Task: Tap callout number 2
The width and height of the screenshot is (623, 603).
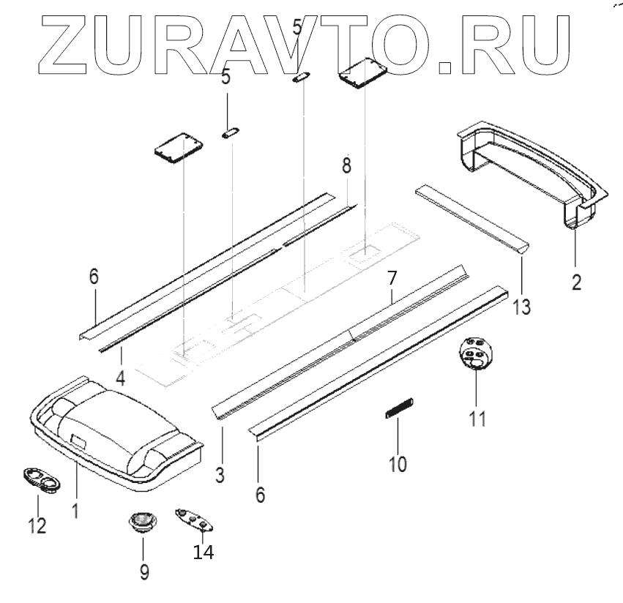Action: (x=576, y=280)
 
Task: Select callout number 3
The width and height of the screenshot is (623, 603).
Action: (x=219, y=474)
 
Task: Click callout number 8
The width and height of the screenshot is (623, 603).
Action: (x=346, y=165)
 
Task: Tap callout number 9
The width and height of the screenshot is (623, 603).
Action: (x=144, y=571)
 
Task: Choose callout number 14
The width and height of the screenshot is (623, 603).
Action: (x=203, y=553)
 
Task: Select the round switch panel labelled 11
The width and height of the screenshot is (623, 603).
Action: (x=476, y=355)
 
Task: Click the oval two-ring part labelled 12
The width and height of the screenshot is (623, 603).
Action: (x=41, y=482)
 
